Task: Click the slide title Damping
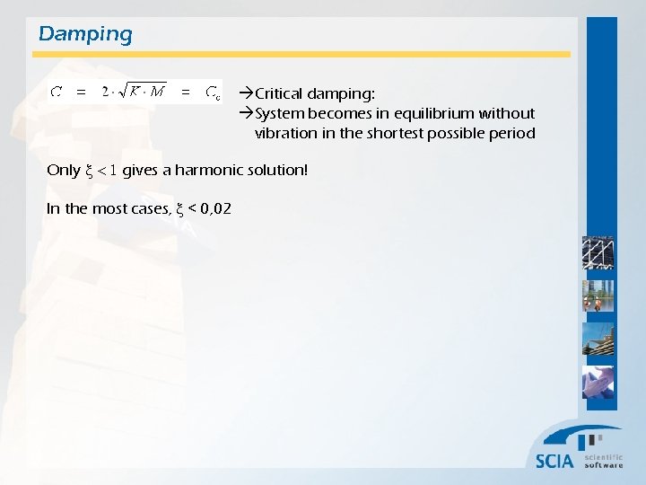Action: click(85, 35)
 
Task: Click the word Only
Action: click(63, 170)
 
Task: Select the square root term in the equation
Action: click(144, 92)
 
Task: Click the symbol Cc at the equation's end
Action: click(213, 92)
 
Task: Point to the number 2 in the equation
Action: click(106, 92)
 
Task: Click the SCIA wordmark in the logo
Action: click(554, 461)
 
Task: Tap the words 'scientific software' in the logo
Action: click(604, 461)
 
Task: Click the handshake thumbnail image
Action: click(598, 383)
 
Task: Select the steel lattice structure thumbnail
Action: click(598, 253)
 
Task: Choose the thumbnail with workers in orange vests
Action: click(598, 296)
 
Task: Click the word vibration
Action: click(284, 133)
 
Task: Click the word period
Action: click(513, 133)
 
